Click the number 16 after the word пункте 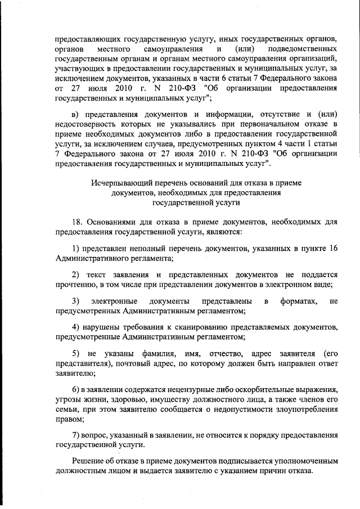(x=332, y=248)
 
